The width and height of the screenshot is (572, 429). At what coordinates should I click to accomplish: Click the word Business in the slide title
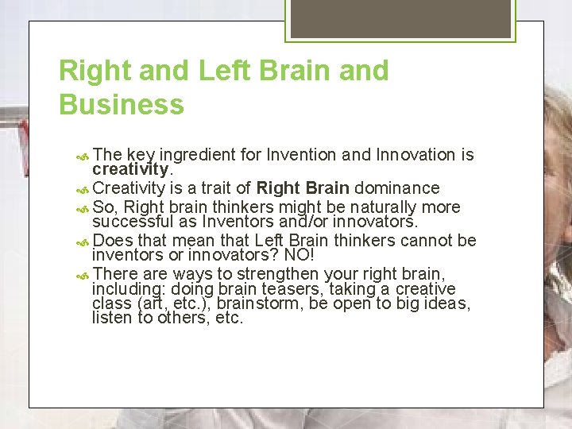tap(122, 104)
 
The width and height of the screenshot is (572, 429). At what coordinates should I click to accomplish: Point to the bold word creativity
tap(130, 170)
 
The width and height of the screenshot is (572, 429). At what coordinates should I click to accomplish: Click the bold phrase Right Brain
tap(303, 188)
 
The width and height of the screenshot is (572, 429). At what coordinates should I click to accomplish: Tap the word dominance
tap(397, 188)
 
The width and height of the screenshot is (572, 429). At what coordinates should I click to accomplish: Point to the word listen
tap(110, 318)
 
